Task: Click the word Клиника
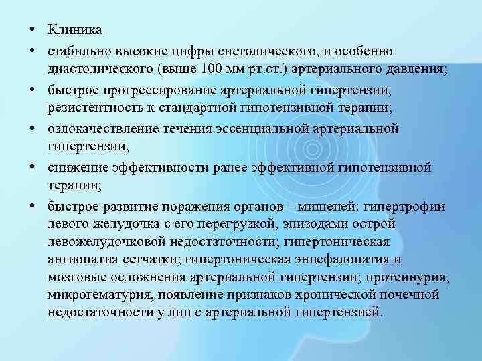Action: point(75,30)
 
